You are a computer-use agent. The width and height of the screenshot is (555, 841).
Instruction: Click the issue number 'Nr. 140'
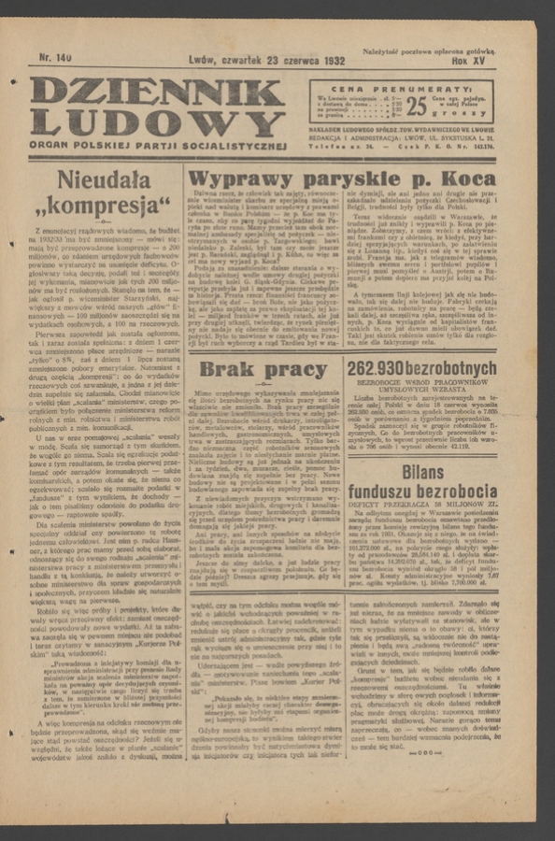point(55,58)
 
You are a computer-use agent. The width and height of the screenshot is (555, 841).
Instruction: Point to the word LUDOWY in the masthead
point(156,124)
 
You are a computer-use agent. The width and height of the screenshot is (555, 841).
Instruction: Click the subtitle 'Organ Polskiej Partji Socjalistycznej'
point(157,146)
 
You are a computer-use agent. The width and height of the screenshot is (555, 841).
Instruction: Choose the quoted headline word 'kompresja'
point(105,205)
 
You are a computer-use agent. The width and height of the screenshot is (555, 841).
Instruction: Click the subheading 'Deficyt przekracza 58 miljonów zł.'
point(422,503)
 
